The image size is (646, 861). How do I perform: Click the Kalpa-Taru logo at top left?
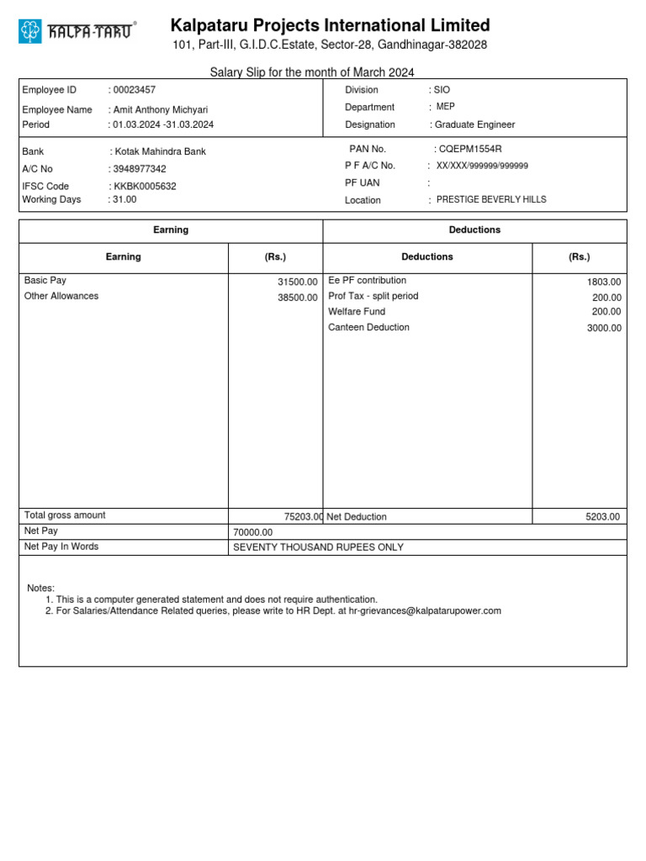77,32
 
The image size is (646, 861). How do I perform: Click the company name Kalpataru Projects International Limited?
330,25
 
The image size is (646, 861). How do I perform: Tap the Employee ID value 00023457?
135,90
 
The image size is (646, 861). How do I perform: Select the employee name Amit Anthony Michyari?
161,109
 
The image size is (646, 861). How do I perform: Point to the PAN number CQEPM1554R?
470,149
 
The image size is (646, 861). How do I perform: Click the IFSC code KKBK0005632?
145,186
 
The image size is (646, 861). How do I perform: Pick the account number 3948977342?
140,169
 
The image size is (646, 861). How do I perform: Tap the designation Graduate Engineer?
474,124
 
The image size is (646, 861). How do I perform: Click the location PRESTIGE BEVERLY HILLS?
491,199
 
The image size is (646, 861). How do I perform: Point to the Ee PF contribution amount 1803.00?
604,282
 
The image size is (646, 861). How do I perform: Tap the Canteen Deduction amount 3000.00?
604,328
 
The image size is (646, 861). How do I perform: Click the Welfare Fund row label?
357,312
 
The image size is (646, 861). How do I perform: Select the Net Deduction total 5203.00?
602,516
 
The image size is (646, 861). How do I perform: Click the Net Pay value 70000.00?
253,532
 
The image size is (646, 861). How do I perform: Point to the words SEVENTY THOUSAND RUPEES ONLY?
318,547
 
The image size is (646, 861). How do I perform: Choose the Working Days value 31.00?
124,199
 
